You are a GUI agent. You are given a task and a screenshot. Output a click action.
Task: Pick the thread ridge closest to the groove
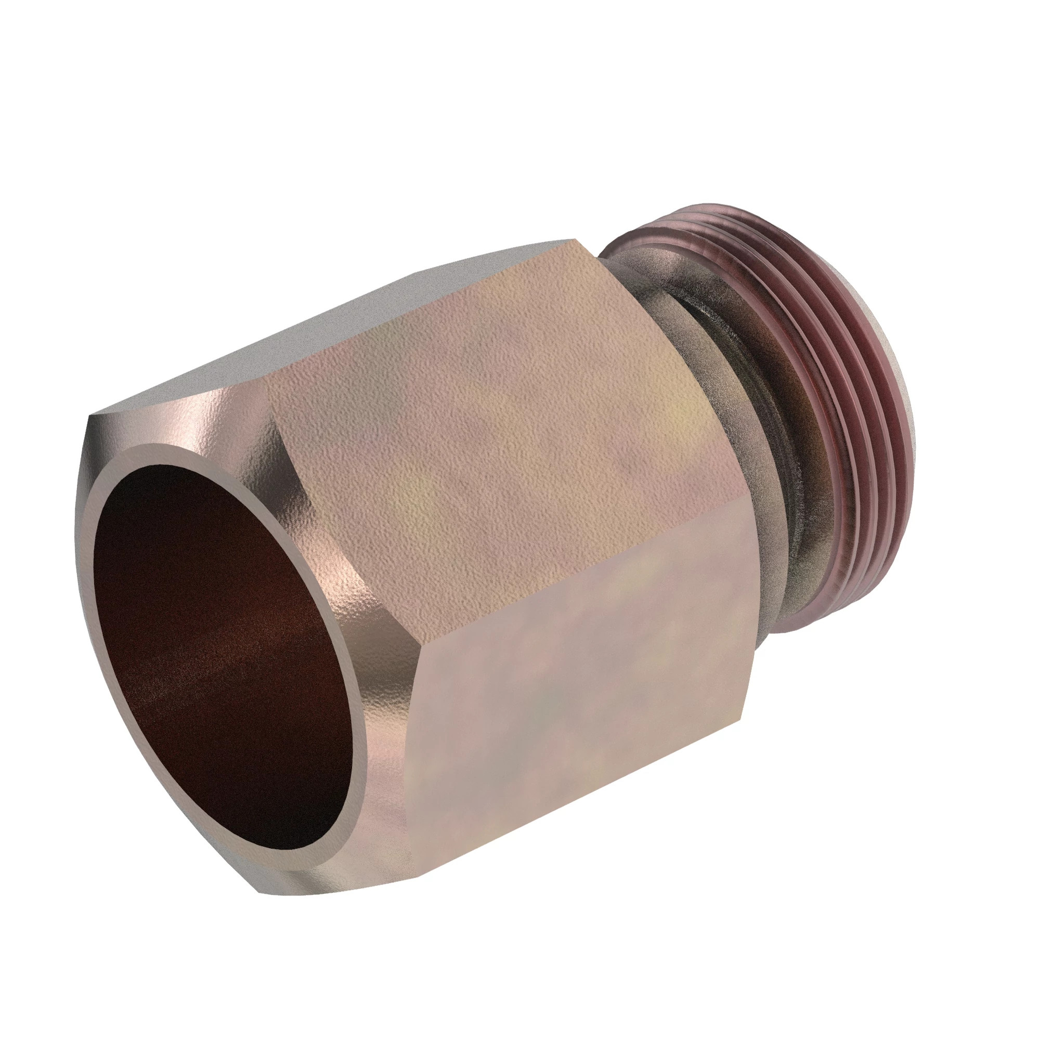pyautogui.click(x=797, y=431)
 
